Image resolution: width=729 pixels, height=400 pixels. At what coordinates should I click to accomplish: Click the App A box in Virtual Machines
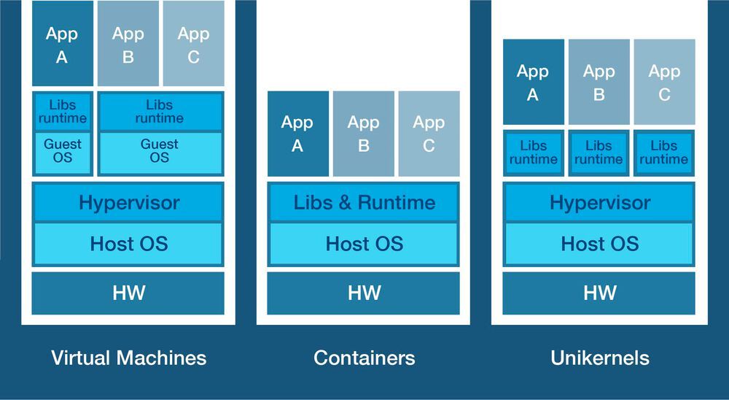click(x=63, y=44)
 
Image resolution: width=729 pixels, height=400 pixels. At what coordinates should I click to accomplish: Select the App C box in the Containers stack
click(x=429, y=134)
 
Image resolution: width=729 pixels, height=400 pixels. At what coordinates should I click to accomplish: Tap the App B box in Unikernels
click(x=599, y=82)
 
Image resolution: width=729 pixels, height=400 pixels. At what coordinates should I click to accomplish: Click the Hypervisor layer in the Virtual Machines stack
click(x=128, y=202)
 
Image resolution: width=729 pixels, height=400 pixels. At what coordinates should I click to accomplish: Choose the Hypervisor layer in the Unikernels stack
click(x=599, y=202)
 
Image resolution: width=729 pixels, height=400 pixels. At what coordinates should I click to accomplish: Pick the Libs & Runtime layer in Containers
click(x=364, y=202)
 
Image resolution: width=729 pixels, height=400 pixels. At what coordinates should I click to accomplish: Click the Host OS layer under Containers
click(x=364, y=243)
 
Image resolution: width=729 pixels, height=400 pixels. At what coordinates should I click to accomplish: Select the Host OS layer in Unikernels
click(x=599, y=243)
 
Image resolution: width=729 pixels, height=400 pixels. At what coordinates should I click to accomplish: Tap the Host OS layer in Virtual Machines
click(x=128, y=243)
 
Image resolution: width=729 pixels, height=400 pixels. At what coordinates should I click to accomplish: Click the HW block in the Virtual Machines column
click(x=128, y=293)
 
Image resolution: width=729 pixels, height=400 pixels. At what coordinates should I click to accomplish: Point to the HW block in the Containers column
click(x=364, y=293)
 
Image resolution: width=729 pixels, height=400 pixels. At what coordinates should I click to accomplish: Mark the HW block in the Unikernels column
click(x=599, y=293)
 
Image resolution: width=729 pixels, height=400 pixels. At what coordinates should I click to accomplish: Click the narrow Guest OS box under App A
click(x=63, y=152)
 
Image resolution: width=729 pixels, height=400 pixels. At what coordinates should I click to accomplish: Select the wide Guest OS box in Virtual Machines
click(x=160, y=152)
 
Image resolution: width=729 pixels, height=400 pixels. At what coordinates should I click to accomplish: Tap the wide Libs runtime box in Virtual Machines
click(x=160, y=112)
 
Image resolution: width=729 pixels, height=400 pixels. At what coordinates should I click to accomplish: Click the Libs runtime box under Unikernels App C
click(x=664, y=153)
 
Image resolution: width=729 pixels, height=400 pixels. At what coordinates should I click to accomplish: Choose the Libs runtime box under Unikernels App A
click(x=534, y=153)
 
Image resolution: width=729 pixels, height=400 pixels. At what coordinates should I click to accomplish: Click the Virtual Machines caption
click(x=128, y=358)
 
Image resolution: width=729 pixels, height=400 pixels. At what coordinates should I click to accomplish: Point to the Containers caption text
click(x=364, y=358)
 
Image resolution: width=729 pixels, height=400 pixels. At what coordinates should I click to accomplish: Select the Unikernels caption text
click(x=599, y=358)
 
